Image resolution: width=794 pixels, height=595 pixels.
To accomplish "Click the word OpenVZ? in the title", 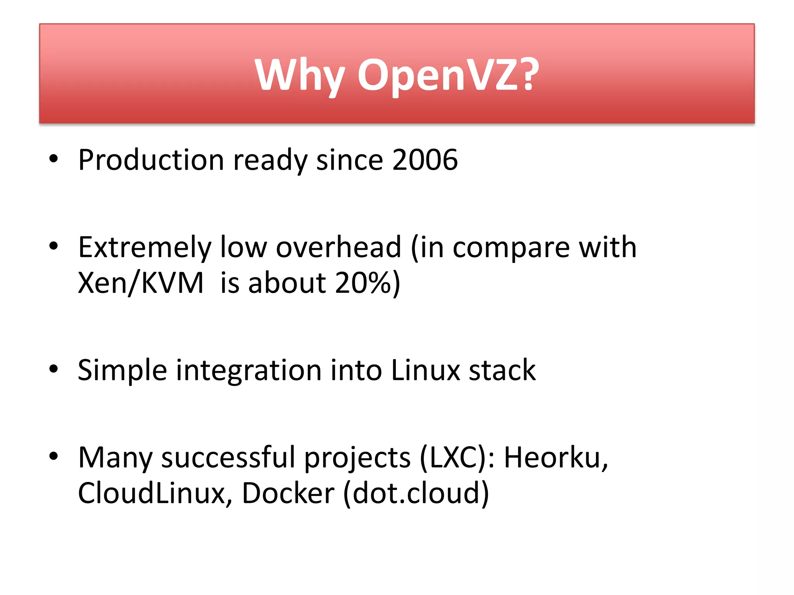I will pos(448,76).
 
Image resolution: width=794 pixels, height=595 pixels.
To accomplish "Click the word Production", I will pos(151,160).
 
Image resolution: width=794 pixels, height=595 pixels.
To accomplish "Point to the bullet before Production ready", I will pos(54,158).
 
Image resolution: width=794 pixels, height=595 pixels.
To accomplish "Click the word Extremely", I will pos(145,247).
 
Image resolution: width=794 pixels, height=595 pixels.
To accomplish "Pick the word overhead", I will pos(338,247).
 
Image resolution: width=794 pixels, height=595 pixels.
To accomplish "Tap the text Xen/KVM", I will pos(140,283).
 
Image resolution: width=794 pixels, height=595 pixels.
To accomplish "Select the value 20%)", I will pos(367,283).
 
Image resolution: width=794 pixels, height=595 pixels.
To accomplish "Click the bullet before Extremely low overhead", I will pos(54,246).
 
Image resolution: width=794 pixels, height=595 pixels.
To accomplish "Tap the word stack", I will pos(502,370).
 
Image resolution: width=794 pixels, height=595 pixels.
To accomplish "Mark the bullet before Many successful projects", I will pos(54,456).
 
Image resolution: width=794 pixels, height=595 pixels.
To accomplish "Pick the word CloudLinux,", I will pos(155,493).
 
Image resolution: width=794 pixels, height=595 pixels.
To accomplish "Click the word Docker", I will pos(288,493).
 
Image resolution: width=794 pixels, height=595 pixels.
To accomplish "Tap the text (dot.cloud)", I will pos(416,493).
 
